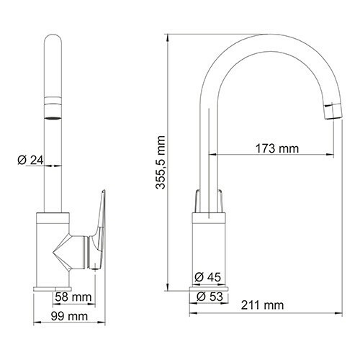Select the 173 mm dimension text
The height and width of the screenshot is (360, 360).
click(x=277, y=149)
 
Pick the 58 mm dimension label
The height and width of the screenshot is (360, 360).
click(x=72, y=296)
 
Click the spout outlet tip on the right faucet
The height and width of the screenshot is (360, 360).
click(x=332, y=109)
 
